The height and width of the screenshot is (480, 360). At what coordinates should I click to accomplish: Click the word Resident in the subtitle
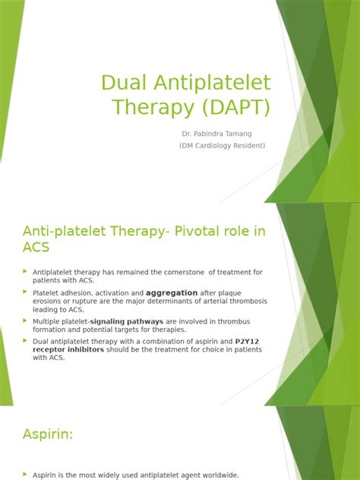pos(248,145)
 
